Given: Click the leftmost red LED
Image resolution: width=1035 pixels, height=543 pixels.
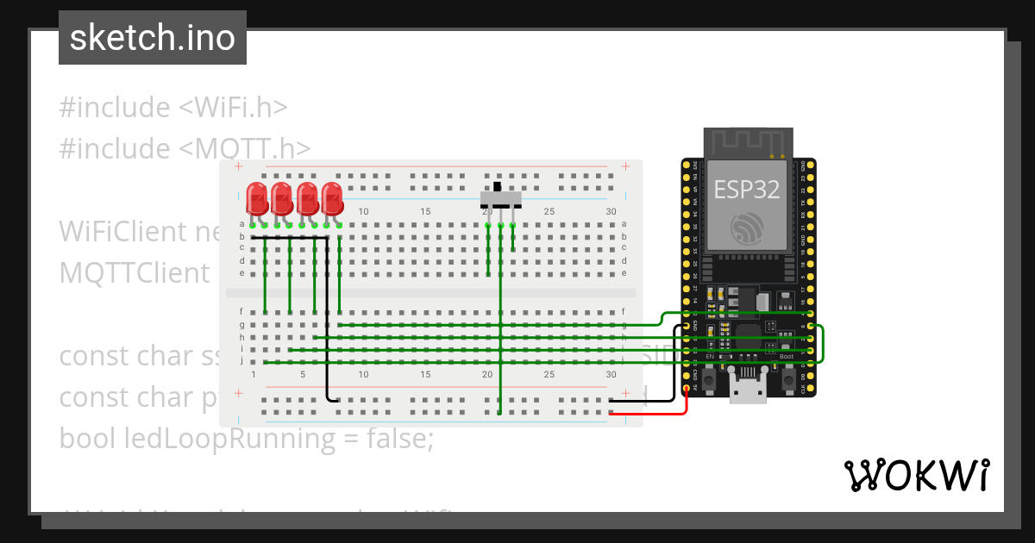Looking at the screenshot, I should click(257, 197).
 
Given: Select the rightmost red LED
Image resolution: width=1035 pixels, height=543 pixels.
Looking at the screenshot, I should click(332, 197).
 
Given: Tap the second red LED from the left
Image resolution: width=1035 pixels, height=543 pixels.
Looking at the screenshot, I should click(282, 197).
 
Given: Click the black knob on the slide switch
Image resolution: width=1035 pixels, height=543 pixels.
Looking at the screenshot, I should click(498, 186).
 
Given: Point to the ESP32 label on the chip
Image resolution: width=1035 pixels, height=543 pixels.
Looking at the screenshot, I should click(747, 190).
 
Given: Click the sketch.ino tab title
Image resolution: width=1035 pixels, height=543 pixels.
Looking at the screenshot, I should click(152, 38).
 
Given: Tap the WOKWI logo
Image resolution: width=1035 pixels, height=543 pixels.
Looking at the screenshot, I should click(916, 475).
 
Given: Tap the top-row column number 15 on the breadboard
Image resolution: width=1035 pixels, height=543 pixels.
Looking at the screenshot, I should click(425, 212).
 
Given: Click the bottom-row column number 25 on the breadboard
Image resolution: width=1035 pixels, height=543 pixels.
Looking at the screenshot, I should click(549, 375).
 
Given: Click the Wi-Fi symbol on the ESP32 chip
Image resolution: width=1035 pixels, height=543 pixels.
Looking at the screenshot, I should click(747, 228).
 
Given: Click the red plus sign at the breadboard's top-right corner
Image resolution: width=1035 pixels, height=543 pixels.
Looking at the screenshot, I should click(624, 167).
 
